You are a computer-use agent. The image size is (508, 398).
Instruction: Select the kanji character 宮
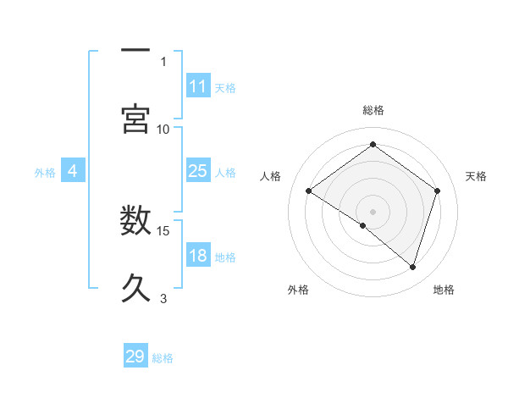click(135, 119)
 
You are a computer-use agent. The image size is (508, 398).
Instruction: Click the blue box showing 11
click(198, 86)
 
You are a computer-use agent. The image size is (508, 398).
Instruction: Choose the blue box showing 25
click(198, 172)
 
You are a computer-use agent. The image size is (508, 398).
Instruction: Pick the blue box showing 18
click(198, 257)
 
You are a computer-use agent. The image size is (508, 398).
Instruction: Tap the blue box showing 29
click(135, 357)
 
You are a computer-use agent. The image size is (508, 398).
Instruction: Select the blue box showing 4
click(73, 172)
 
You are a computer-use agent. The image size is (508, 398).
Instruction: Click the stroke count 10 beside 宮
click(163, 129)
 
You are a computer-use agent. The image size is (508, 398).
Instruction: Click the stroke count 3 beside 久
click(163, 298)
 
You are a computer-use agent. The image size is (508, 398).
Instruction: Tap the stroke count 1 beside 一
click(163, 61)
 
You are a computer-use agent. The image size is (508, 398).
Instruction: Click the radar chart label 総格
click(373, 110)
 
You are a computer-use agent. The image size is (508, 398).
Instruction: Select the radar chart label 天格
click(476, 176)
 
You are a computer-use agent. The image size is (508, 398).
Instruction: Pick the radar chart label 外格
click(298, 290)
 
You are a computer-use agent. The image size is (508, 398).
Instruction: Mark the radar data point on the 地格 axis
click(412, 267)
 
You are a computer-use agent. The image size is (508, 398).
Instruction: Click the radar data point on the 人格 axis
click(309, 191)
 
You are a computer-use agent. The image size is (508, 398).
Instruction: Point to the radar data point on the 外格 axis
click(363, 225)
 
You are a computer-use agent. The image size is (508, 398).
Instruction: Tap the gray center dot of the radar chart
click(373, 211)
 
